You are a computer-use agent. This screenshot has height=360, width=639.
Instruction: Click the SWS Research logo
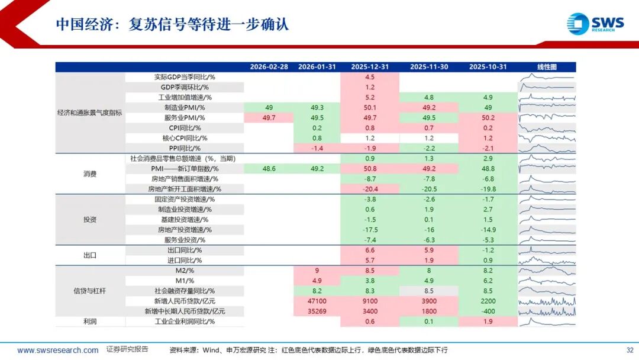[x=595, y=23]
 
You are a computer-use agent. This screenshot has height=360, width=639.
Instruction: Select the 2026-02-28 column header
[x=269, y=67]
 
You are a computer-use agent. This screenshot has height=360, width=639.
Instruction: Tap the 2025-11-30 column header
[x=429, y=67]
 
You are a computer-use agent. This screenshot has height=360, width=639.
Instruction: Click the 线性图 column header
[x=547, y=67]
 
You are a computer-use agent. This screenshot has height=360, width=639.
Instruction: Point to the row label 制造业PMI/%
[x=185, y=108]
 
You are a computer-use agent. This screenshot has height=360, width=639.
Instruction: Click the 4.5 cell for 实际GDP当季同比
[x=370, y=77]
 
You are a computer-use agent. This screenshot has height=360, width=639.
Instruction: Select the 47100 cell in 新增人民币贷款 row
[x=317, y=301]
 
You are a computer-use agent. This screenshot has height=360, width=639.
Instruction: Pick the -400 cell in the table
[x=488, y=311]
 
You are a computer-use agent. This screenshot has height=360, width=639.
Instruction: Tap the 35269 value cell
[x=317, y=311]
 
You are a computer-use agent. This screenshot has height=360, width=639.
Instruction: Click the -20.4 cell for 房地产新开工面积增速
[x=370, y=189]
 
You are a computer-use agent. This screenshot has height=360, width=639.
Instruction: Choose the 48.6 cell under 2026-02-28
[x=269, y=169]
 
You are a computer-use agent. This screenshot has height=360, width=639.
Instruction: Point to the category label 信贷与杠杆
[x=90, y=291]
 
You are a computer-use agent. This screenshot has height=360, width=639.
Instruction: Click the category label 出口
[x=90, y=256]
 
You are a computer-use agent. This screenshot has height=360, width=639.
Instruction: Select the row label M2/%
[x=185, y=271]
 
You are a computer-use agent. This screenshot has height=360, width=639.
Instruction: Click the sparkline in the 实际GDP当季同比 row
[x=547, y=77]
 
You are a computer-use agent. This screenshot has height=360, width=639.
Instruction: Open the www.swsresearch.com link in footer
[x=58, y=350]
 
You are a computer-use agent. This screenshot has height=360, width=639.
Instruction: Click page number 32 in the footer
[x=630, y=350]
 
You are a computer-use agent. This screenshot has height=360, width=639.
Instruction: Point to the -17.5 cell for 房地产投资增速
[x=370, y=230]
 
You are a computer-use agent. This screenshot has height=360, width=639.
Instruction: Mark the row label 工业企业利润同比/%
[x=185, y=322]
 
